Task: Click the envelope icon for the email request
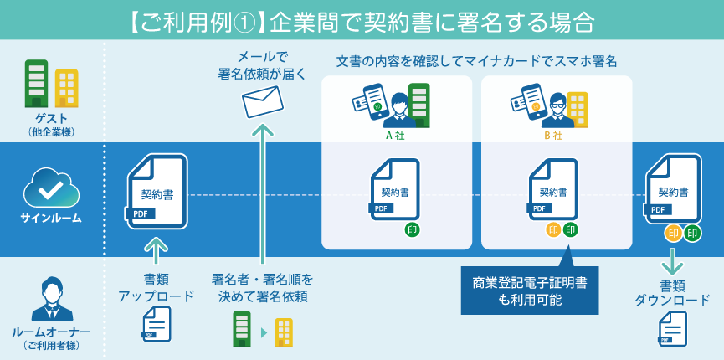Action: click(x=263, y=101)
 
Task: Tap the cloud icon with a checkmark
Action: click(x=51, y=188)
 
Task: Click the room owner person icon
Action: click(x=51, y=298)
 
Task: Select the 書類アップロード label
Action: click(x=156, y=287)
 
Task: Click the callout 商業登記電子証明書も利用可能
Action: click(x=529, y=291)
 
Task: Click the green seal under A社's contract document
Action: click(x=413, y=229)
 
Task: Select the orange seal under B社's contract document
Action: click(x=553, y=229)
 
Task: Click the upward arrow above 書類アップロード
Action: click(x=157, y=249)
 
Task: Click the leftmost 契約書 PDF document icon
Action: click(x=157, y=192)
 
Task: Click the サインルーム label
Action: click(x=51, y=219)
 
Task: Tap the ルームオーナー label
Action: click(x=51, y=332)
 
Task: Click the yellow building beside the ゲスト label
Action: click(x=66, y=88)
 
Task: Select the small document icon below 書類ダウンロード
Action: click(x=672, y=329)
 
